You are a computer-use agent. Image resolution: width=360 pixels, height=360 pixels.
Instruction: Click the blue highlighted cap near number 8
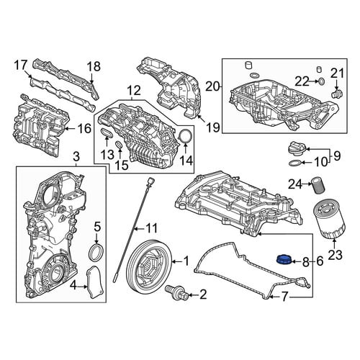tap(284, 260)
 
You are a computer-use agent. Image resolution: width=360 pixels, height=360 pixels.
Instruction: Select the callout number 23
tap(335, 255)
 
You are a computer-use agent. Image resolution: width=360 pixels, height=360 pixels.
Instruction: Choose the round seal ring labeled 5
tap(96, 252)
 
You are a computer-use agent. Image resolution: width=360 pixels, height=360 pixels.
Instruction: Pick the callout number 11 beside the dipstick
tap(151, 228)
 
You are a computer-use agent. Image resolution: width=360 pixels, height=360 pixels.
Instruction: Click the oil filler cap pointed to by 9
tap(297, 150)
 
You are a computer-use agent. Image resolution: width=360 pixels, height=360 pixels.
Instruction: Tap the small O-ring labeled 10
tap(295, 163)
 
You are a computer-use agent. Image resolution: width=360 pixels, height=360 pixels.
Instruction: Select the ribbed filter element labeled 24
tap(318, 185)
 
